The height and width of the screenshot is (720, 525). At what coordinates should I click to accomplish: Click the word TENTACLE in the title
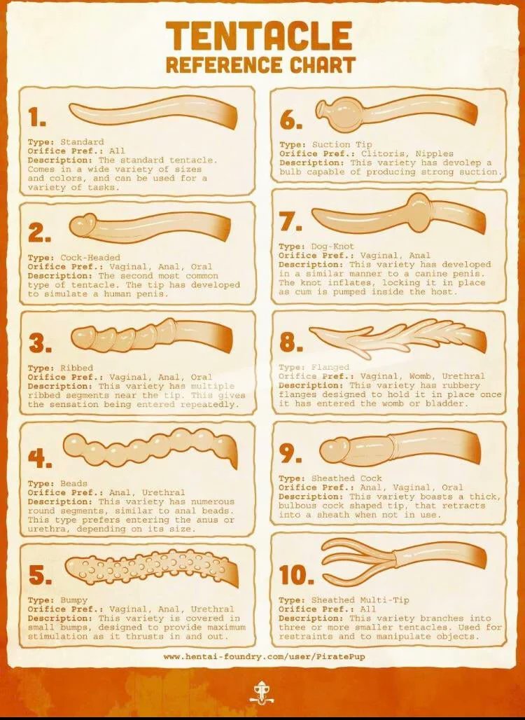click(259, 36)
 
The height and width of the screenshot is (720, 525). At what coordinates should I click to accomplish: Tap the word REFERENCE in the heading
click(224, 64)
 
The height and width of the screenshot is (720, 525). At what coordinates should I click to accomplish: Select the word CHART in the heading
click(322, 64)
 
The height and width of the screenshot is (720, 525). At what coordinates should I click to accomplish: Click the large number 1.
click(36, 117)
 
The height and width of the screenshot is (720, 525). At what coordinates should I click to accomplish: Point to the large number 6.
click(290, 120)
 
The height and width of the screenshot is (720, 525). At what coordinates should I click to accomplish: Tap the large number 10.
click(295, 575)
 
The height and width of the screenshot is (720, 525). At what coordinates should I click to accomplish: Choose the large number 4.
click(39, 457)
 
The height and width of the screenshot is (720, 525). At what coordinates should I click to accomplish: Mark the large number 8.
click(290, 342)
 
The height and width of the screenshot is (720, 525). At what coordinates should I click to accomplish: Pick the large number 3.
click(39, 343)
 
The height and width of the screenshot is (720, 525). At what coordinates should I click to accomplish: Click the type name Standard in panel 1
click(82, 142)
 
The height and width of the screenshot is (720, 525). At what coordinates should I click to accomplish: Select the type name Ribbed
click(76, 368)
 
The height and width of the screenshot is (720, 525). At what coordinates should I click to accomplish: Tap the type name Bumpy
click(74, 600)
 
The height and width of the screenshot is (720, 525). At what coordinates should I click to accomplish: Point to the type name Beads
click(74, 483)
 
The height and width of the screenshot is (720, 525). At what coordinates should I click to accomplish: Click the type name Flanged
click(330, 367)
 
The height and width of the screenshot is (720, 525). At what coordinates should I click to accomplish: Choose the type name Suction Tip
click(342, 145)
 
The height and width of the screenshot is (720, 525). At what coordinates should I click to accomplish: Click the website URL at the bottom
click(265, 657)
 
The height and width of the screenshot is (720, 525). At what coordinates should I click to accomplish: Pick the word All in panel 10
click(368, 609)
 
